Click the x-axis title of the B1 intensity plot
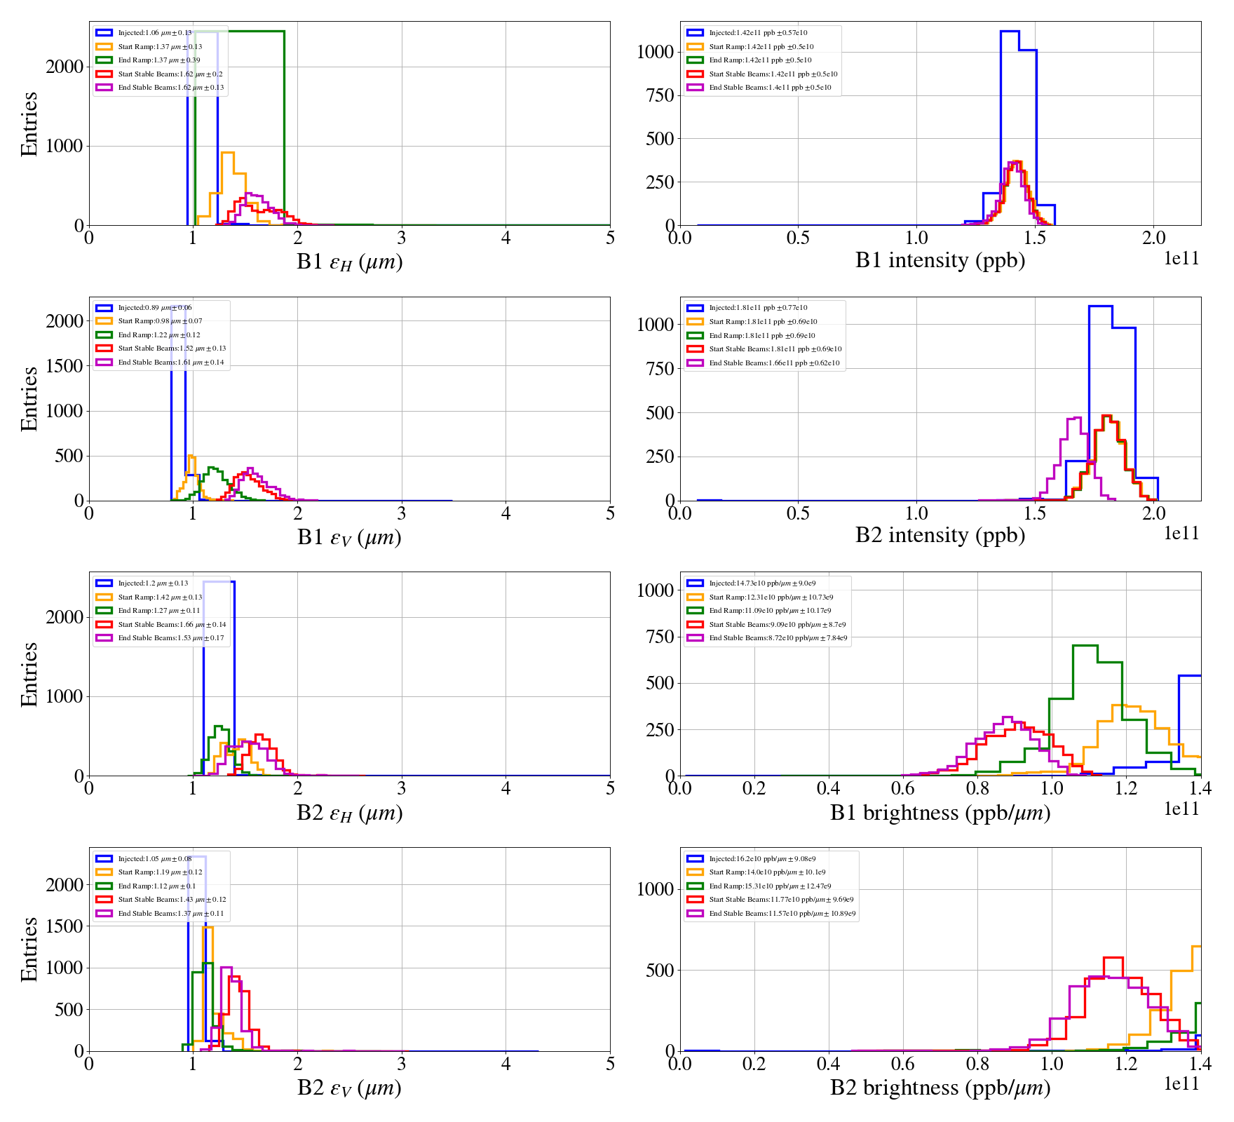940,260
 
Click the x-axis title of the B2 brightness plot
940,1088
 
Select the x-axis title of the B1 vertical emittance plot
349,537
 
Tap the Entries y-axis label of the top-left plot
29,123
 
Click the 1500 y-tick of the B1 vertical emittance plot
65,366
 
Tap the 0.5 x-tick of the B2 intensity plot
798,513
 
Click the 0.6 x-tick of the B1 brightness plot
903,788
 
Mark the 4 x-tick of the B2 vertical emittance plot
506,1064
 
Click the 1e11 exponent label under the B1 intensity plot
1181,259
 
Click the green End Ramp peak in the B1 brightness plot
1085,646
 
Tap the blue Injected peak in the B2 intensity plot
1100,306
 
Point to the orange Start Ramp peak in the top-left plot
227,153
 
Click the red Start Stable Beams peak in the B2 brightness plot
1113,958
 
